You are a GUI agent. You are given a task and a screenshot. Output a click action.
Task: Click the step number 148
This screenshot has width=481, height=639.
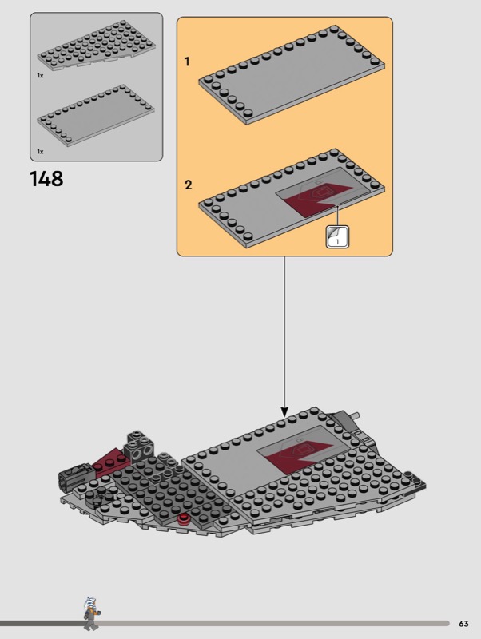[x=46, y=179]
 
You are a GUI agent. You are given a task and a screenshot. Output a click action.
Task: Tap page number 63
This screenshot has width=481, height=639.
[x=463, y=624]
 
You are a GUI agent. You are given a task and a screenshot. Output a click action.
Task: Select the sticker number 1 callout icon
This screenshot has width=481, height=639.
[x=337, y=236]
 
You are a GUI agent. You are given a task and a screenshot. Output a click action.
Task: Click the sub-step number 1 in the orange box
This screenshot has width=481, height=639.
[x=187, y=62]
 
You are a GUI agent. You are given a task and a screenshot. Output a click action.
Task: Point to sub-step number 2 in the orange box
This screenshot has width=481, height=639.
[x=188, y=185]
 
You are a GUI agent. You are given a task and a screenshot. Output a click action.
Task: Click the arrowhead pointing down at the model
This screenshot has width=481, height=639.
[x=284, y=411]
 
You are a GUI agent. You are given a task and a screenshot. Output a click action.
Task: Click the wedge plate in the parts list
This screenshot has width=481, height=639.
[x=96, y=46]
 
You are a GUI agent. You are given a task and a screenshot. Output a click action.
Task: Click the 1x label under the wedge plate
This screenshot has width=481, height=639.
[x=40, y=75]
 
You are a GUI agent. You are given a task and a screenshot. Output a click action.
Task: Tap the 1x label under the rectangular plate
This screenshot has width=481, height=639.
[x=40, y=152]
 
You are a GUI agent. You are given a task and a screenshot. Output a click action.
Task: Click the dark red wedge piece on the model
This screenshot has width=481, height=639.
[x=110, y=461]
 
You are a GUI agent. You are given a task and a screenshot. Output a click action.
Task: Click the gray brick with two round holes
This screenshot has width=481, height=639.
[x=138, y=448]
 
